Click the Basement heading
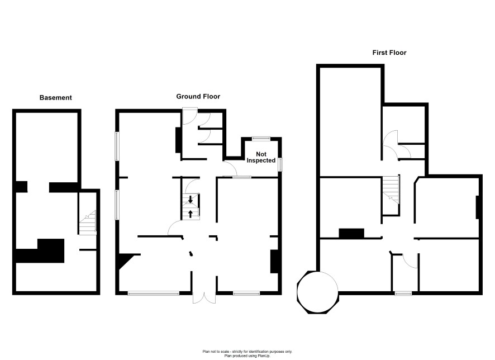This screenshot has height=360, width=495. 55,98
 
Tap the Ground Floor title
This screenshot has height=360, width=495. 198,96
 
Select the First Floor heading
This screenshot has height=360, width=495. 389,53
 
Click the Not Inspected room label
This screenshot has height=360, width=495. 261,157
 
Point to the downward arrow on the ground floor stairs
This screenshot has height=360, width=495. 191,199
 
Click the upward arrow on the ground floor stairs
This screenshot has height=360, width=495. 191,214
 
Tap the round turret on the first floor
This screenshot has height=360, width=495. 317,292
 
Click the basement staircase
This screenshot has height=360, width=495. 88,222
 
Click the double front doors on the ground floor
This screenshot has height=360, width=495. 204,299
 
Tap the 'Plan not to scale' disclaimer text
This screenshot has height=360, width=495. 247,352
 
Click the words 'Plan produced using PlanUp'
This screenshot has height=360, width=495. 247,356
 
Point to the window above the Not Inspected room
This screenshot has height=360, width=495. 261,138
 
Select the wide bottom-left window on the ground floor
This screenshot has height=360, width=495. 154,293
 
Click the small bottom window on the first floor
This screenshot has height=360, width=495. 403,293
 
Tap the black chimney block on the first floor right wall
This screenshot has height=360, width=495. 478,207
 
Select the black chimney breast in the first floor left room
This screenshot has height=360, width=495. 351,233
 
